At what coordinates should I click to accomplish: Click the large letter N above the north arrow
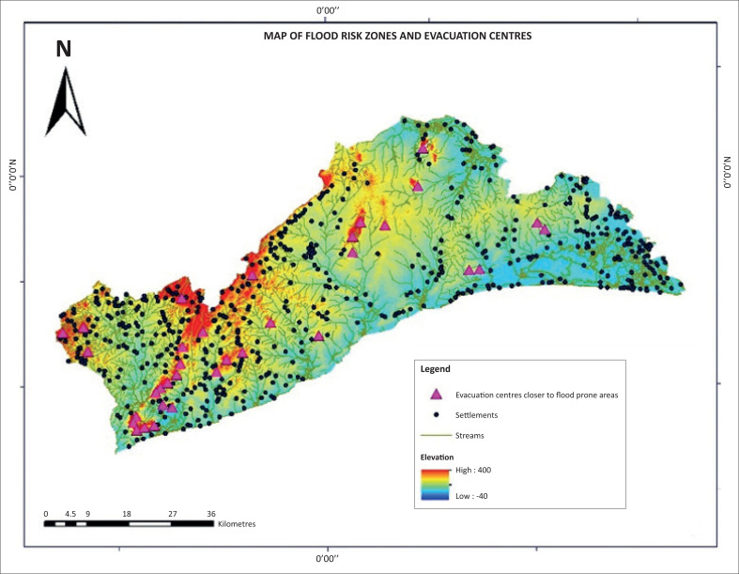(63, 49)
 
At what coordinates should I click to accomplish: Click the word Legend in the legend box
(435, 369)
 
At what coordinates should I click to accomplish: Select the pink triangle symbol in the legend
(436, 395)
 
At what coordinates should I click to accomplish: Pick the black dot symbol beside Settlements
(436, 415)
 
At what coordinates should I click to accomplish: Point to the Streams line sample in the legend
(436, 436)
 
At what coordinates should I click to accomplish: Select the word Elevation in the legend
(438, 457)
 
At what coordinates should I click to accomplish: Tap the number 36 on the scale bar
(211, 514)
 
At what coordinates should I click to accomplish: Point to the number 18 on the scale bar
(127, 514)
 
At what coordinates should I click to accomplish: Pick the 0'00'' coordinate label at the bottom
(327, 560)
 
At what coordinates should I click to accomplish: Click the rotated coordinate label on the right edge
(728, 175)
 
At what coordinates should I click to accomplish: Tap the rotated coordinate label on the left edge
(12, 175)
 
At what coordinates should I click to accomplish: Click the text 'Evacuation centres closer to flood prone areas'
(536, 396)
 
